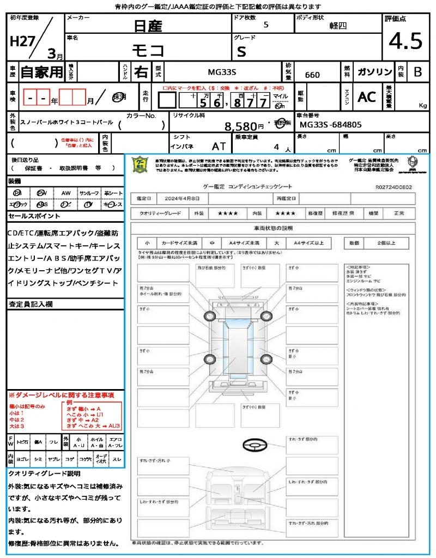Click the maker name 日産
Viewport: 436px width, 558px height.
148,26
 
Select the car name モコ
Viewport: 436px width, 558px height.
148,51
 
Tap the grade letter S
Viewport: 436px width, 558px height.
241,51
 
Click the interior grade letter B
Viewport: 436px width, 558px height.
417,72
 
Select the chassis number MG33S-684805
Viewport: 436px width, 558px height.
330,125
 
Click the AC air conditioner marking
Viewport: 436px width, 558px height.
367,97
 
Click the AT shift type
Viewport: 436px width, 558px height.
219,147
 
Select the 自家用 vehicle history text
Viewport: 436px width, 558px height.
42,72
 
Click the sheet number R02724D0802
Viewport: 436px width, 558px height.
393,187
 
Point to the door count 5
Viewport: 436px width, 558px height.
265,25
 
